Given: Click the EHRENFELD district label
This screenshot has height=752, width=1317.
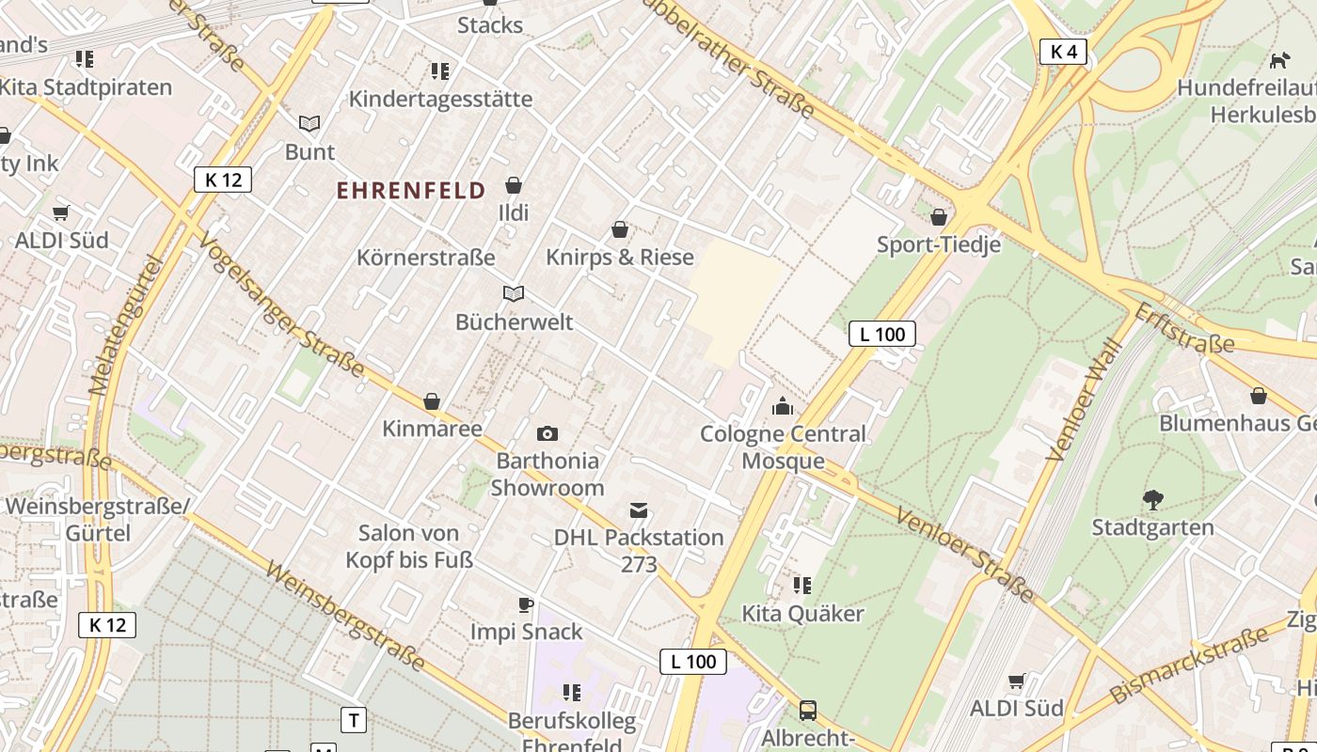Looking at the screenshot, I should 411,191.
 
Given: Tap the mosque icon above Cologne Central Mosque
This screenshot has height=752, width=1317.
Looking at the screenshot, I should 782,406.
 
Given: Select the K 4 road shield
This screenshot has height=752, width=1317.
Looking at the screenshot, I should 1063,52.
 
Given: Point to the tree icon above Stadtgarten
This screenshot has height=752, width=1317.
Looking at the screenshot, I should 1152,499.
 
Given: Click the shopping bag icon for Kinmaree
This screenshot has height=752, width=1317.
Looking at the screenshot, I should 432,401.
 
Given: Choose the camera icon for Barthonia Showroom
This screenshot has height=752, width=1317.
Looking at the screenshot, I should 547,433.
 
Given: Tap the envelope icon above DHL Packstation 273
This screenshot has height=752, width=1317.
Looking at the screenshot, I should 639,510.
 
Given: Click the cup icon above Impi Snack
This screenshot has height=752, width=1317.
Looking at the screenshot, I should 526,604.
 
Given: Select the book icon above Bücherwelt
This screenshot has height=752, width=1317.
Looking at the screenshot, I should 513,294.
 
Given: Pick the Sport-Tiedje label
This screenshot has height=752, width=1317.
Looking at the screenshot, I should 938,244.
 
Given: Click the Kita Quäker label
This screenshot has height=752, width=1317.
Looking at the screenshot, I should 802,614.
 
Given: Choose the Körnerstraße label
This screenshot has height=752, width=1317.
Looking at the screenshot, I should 425,257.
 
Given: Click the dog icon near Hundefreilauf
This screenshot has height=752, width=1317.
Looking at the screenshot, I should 1279,61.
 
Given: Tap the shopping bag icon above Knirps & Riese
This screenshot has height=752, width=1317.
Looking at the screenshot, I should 620,229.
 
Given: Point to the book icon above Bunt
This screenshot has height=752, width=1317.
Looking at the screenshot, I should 309,124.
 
